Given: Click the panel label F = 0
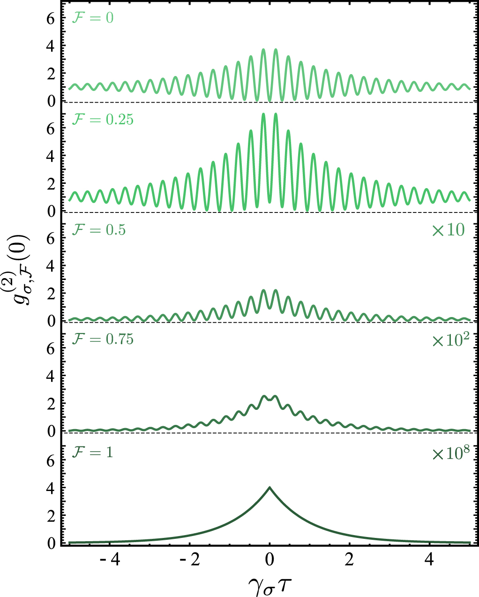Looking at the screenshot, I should click(x=92, y=18).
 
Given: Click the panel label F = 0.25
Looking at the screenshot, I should click(x=102, y=120).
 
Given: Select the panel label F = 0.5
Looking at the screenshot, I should click(x=98, y=230).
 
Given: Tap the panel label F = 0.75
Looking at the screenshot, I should click(x=102, y=339).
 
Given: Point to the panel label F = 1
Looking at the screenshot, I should click(x=92, y=453).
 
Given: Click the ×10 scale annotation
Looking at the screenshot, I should click(x=448, y=230).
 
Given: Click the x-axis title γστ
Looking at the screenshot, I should click(x=270, y=584).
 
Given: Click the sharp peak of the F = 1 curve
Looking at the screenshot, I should click(x=269, y=487).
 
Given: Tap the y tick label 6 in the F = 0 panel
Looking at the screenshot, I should click(x=52, y=18).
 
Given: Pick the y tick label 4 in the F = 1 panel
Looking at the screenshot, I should click(x=52, y=488).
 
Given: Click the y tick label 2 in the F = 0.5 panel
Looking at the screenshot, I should click(x=52, y=294).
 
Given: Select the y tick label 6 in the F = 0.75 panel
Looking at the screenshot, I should click(x=52, y=348).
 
